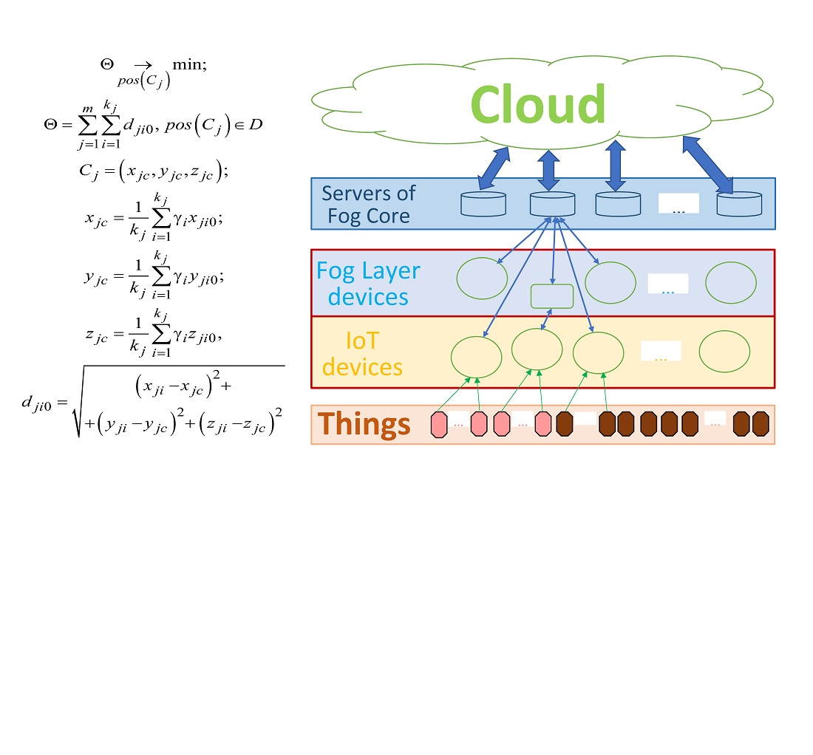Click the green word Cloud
pyautogui.click(x=537, y=104)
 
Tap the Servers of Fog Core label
pyautogui.click(x=368, y=205)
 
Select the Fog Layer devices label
pyautogui.click(x=367, y=284)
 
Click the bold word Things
pyautogui.click(x=364, y=425)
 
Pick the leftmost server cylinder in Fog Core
pyautogui.click(x=483, y=203)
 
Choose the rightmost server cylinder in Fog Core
pyautogui.click(x=739, y=203)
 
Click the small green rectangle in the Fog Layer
pyautogui.click(x=552, y=296)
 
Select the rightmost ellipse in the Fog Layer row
pyautogui.click(x=731, y=283)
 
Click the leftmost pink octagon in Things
pyautogui.click(x=439, y=426)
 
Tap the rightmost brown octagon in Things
pyautogui.click(x=761, y=425)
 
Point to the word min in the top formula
pyautogui.click(x=188, y=64)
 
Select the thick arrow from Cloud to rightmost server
pyautogui.click(x=707, y=165)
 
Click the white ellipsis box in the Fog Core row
pyautogui.click(x=678, y=204)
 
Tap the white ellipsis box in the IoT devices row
pyautogui.click(x=660, y=352)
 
